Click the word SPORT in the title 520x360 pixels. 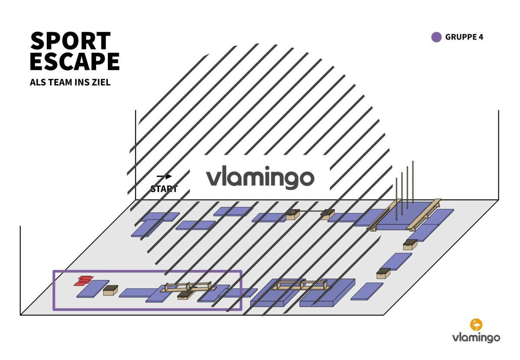point(71,41)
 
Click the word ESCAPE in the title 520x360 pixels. point(75,61)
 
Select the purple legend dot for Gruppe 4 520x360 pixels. point(436,37)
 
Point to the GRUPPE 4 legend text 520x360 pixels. point(464,37)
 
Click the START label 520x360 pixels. point(164,189)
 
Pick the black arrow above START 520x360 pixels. point(164,176)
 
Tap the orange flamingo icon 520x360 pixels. point(476,324)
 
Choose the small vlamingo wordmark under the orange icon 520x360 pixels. point(476,337)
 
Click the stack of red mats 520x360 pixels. point(84,281)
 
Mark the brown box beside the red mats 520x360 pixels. point(110,290)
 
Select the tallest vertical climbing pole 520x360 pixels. point(413,182)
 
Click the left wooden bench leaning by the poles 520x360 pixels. point(384,215)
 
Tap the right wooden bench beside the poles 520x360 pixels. point(424,215)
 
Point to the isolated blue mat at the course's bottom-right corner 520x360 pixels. point(367,292)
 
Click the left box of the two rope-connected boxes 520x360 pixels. point(292,214)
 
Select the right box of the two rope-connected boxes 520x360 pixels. point(328,214)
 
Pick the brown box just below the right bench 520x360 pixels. point(410,245)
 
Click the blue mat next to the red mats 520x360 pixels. point(93,289)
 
